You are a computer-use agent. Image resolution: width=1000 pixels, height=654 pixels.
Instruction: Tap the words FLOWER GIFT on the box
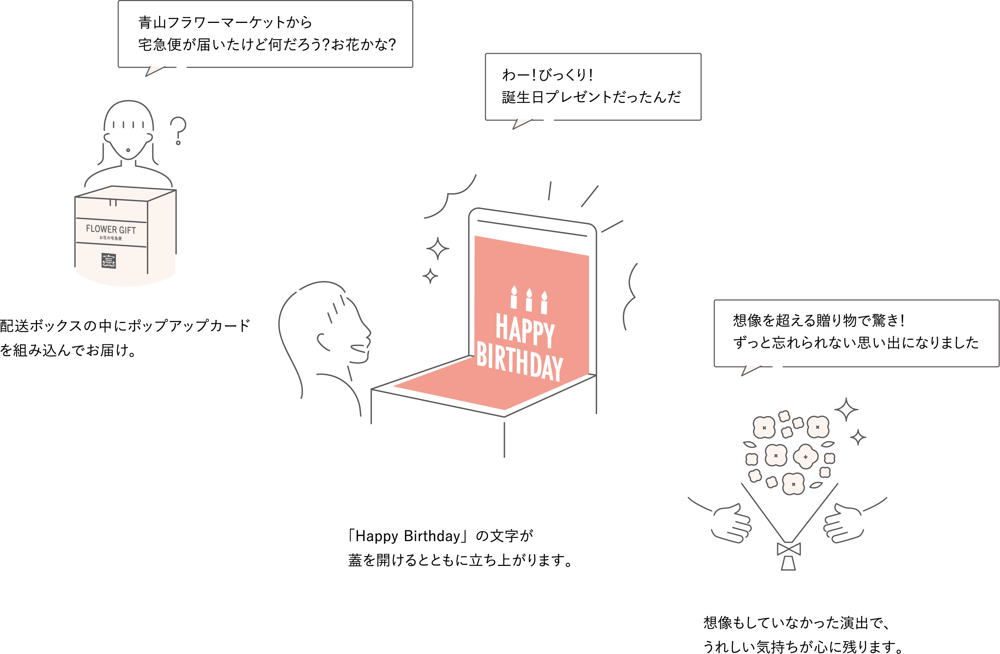[111, 229]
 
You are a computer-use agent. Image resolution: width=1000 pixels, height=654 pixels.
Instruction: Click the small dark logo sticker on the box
[109, 260]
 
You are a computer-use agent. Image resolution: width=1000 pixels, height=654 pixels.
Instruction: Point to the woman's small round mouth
[128, 150]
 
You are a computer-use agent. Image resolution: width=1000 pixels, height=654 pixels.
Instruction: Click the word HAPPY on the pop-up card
[525, 330]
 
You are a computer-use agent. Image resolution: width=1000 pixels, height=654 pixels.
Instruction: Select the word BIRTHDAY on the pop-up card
[519, 362]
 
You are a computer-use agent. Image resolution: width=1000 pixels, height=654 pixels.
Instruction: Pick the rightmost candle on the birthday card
[544, 302]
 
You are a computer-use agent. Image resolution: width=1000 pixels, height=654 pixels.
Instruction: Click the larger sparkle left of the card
[437, 249]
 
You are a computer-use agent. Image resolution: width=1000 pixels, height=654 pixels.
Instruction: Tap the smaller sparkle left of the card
[430, 276]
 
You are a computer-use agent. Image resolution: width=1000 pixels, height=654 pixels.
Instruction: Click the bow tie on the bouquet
[789, 549]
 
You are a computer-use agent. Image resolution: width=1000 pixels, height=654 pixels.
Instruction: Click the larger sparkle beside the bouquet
[846, 410]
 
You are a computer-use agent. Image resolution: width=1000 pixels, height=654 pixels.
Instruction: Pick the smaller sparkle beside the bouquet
[858, 438]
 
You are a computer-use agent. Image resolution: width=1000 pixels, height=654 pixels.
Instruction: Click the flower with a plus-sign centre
[805, 456]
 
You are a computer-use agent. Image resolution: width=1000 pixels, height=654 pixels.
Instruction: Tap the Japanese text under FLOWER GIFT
[111, 238]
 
